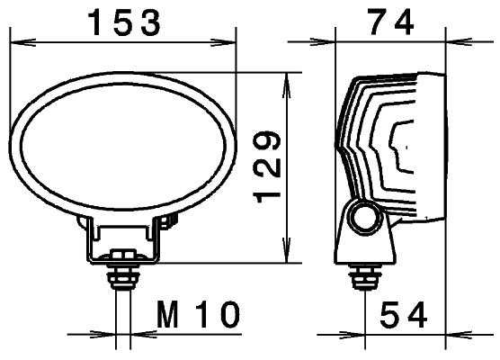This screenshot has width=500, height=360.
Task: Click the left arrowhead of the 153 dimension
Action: pyautogui.click(x=15, y=40)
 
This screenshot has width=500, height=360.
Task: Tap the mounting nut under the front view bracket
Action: pyautogui.click(x=122, y=269)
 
